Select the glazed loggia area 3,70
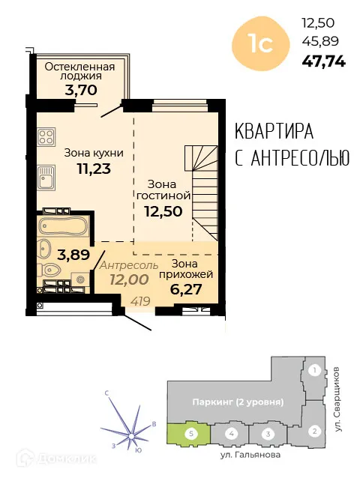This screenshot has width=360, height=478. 79,89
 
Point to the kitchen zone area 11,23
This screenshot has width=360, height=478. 93,169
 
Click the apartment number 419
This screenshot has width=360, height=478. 139,301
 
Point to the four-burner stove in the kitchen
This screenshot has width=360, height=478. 46,137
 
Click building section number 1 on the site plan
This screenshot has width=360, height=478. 315,370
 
